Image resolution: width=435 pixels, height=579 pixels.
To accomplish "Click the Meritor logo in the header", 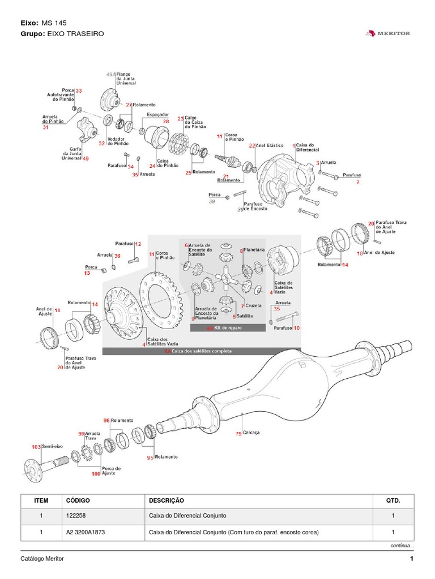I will tap(389, 34).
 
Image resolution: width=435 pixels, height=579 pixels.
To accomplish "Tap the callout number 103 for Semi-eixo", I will tap(36, 447).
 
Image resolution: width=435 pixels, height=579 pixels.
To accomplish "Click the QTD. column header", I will tap(393, 500).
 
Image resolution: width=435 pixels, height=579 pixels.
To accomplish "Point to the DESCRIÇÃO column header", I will tap(167, 500).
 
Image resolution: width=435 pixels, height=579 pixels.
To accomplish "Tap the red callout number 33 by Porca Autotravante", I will tap(79, 90).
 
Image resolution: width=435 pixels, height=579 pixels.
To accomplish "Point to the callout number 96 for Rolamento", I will tap(106, 421).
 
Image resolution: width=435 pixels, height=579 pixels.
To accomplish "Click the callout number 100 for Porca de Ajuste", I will tap(95, 474).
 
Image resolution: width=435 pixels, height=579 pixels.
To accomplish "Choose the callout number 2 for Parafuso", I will tap(358, 182).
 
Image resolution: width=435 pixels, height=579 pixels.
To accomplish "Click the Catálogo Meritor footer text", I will tap(42, 559).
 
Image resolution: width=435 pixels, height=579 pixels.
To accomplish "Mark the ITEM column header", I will tap(41, 500).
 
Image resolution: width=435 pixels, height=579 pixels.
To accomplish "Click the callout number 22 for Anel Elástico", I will tap(252, 145).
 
